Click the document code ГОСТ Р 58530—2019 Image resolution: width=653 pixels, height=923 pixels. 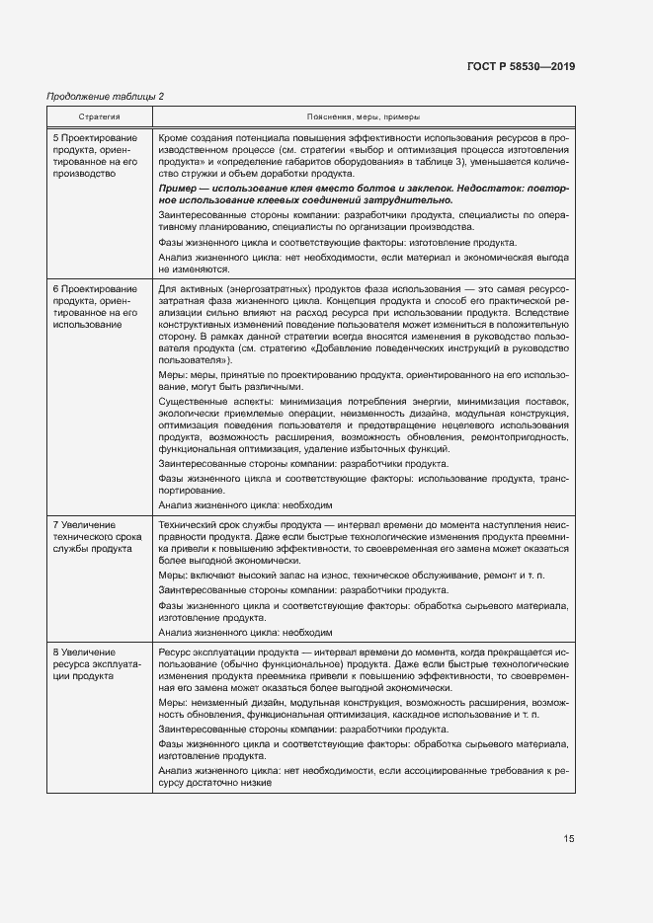pos(520,66)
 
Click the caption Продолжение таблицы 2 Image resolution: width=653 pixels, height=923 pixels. pos(106,96)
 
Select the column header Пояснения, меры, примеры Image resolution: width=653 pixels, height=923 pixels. pos(363,115)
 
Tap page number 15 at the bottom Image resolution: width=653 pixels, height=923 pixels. pos(568,838)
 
